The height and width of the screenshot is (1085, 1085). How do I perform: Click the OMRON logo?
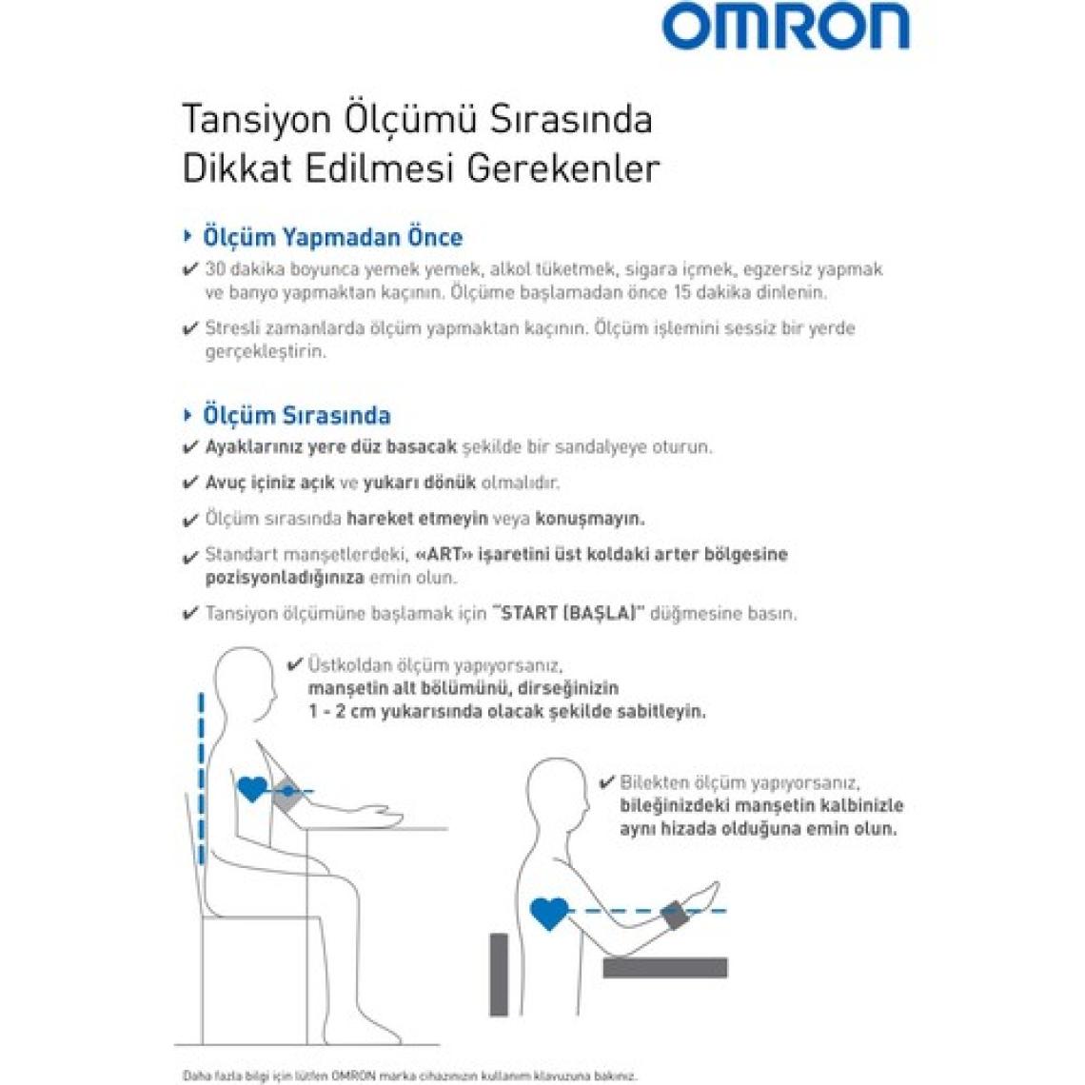point(785,26)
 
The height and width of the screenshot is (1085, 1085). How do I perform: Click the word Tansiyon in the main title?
point(253,120)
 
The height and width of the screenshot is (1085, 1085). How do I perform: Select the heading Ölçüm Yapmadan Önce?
point(332,237)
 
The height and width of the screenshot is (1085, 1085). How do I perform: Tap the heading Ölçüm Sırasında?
point(296,415)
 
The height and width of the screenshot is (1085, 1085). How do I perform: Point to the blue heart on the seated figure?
point(251,788)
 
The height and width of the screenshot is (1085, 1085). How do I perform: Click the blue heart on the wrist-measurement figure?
point(548,914)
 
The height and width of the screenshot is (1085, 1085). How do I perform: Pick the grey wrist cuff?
point(674,916)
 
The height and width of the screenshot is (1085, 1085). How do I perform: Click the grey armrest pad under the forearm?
point(664,968)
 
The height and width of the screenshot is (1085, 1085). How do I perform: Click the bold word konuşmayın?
point(590,519)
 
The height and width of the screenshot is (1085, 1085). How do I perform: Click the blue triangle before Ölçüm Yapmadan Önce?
point(187,235)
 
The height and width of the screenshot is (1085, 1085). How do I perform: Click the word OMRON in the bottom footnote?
point(354,1075)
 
